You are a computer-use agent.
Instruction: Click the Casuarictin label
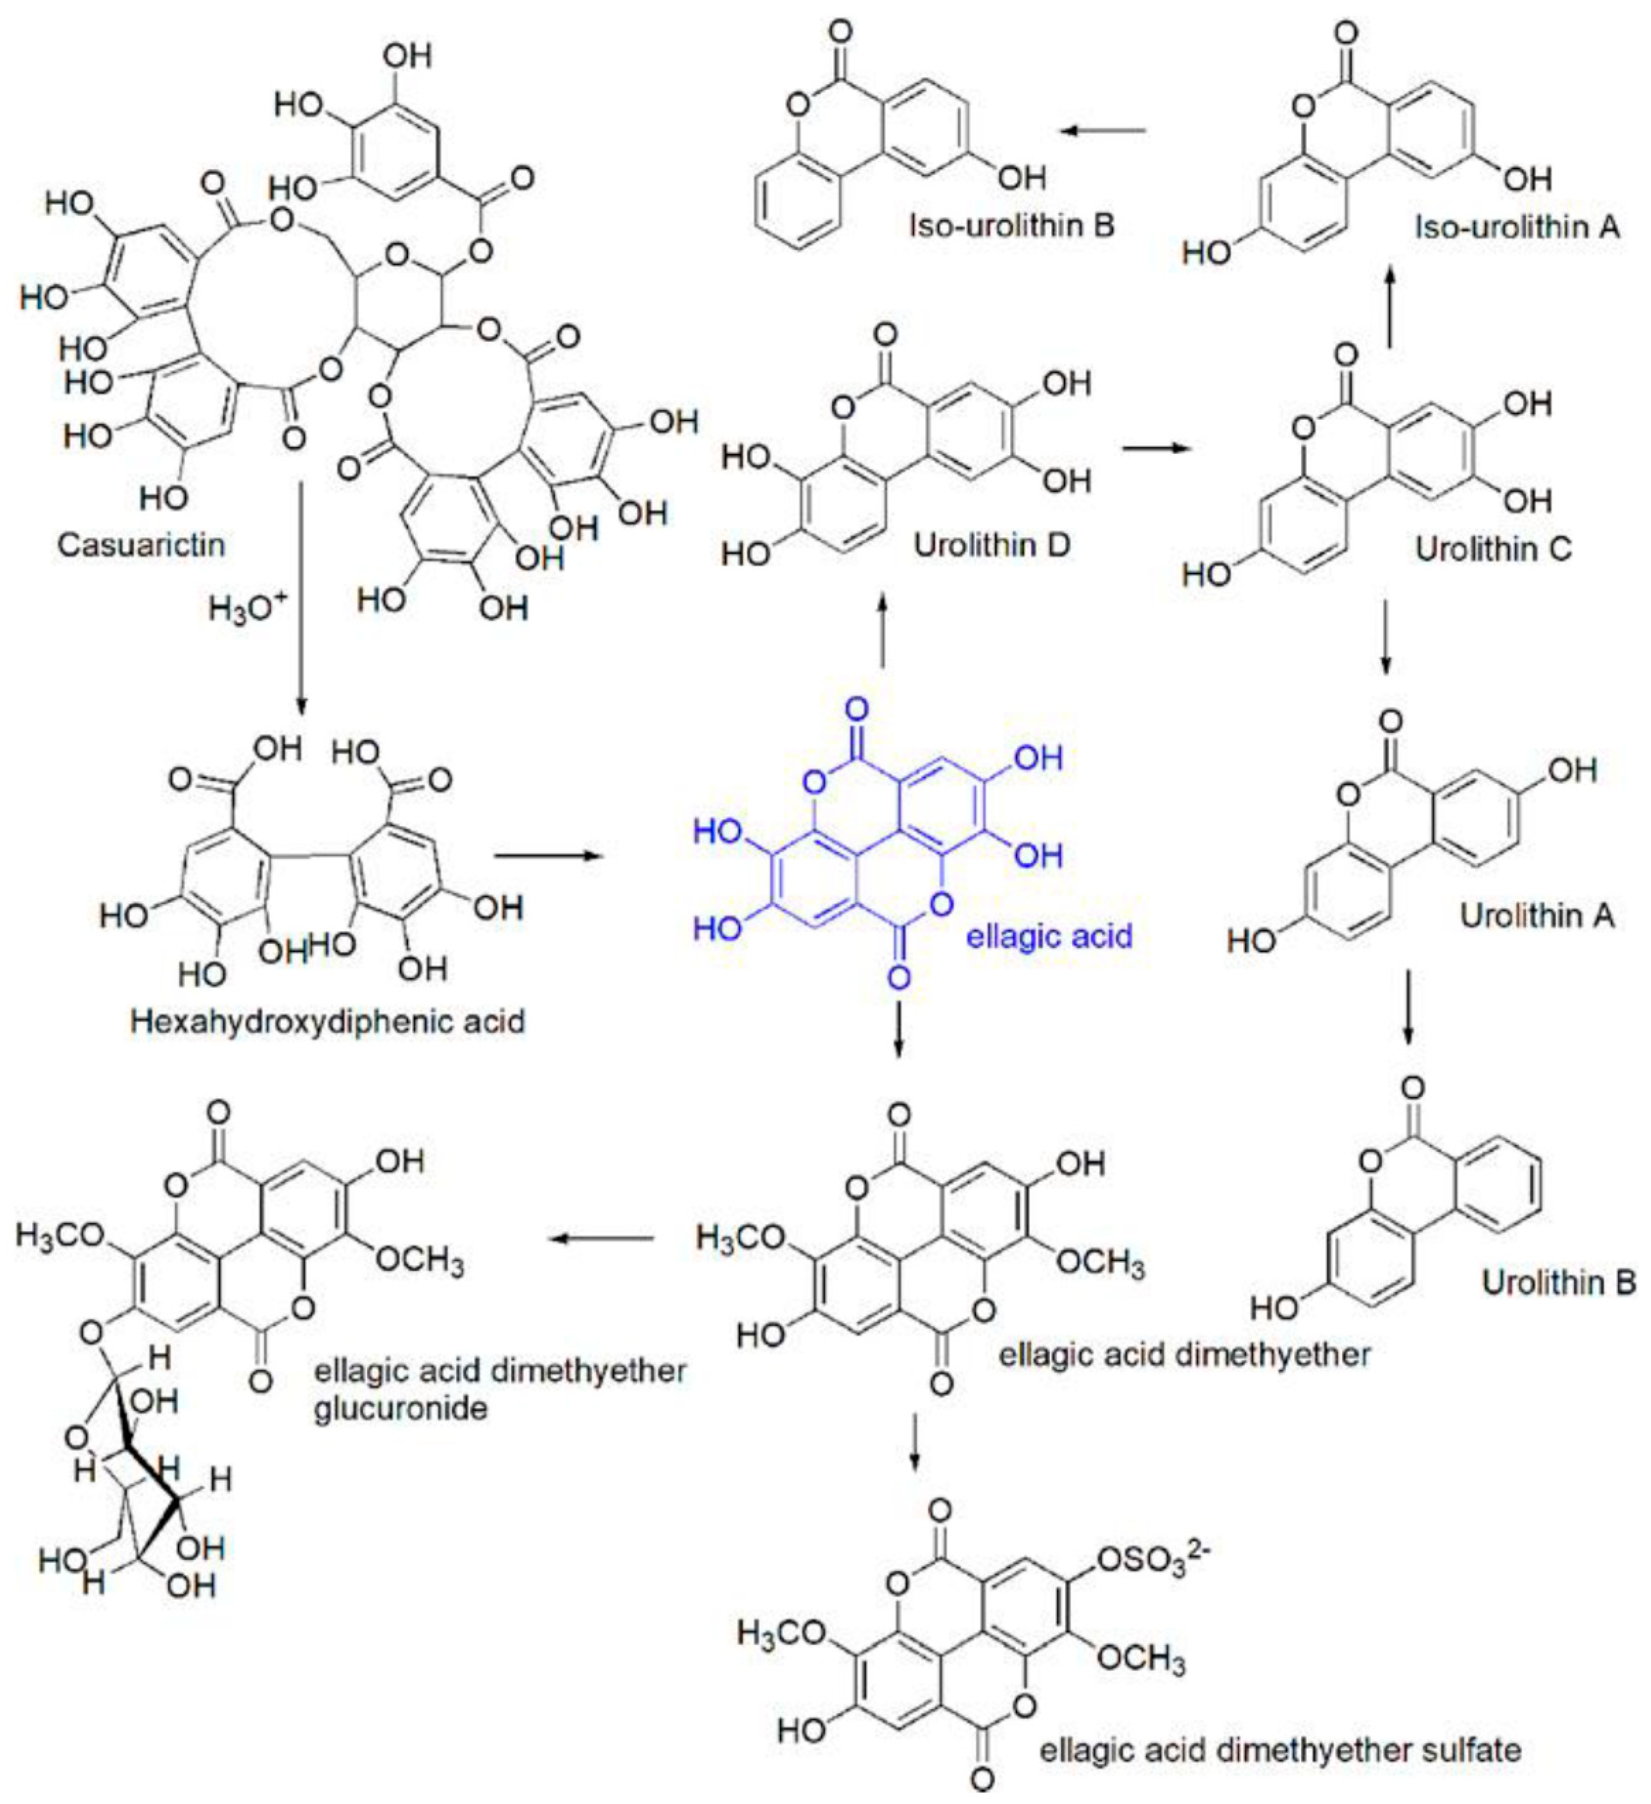tap(142, 544)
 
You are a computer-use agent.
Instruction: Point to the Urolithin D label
tap(992, 545)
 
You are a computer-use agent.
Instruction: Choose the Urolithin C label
tap(1493, 549)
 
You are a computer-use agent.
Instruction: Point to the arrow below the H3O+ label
tap(302, 599)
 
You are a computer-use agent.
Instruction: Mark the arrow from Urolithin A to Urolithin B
tap(1407, 1007)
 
